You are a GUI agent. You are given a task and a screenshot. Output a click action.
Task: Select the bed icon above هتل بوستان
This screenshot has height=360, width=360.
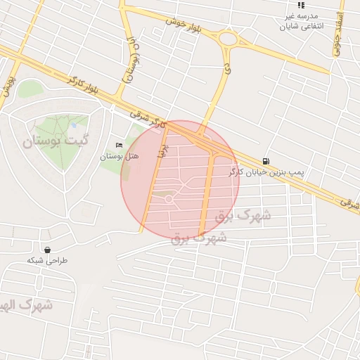coord(117,145)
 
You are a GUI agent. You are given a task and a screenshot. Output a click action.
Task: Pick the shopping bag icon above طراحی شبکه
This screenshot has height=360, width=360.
coord(47,250)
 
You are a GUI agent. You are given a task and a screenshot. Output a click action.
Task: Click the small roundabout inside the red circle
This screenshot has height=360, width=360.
coord(169,200)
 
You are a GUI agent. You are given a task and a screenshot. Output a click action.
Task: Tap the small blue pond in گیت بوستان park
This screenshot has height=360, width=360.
coord(74,126)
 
